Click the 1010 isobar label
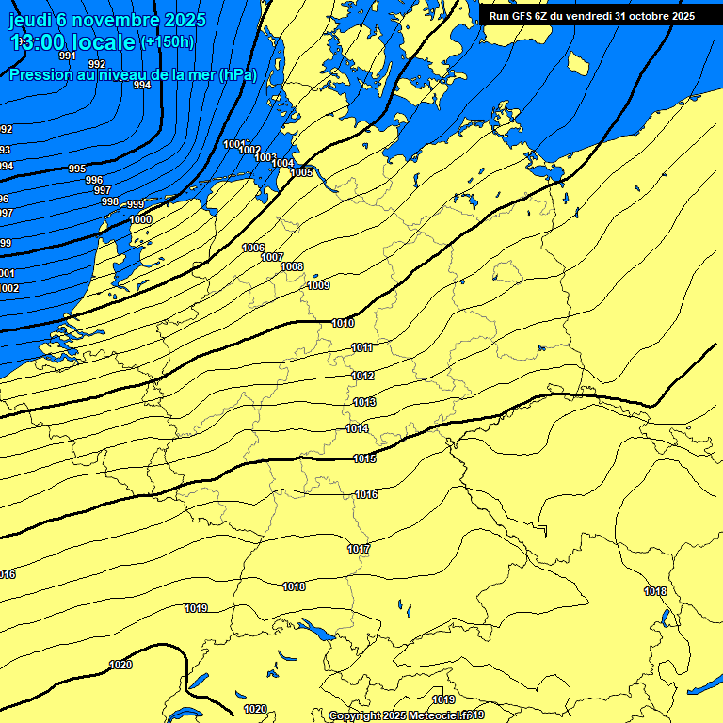pos(344,323)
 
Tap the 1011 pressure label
pos(362,348)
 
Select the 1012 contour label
pos(363,376)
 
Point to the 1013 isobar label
pos(364,402)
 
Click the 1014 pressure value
pos(357,428)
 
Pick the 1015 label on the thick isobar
pos(365,458)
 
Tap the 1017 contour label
pos(359,549)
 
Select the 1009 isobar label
pos(318,285)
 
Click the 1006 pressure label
pos(253,248)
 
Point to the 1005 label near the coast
pos(301,172)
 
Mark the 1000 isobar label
pos(140,219)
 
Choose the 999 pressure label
pos(136,204)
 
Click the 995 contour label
pos(77,169)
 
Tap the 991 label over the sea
pos(67,56)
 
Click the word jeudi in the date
pos(28,20)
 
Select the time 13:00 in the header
pos(40,42)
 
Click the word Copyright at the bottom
pos(353,715)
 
